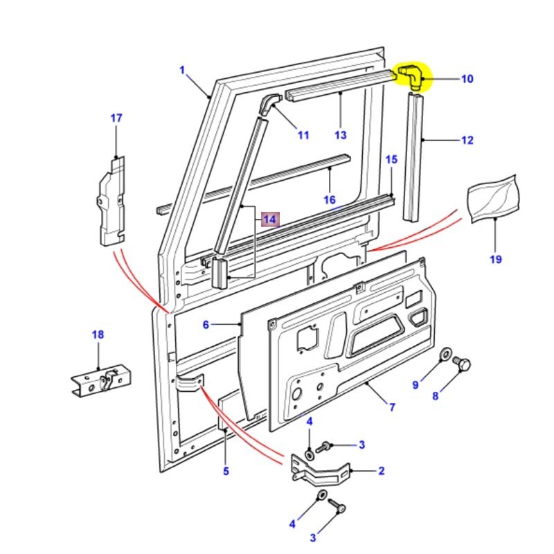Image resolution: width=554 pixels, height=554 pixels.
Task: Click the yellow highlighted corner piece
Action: point(411,77)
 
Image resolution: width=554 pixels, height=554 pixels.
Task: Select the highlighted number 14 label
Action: point(269,220)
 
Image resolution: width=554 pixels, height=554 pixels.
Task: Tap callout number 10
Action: point(467,79)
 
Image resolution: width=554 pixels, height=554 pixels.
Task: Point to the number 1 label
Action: point(182,70)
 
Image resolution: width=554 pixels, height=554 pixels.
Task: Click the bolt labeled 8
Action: point(464,364)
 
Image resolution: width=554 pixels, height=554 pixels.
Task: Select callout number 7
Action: point(392,407)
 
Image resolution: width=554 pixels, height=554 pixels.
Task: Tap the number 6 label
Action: point(206,325)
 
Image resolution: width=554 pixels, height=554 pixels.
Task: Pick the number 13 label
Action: point(340,135)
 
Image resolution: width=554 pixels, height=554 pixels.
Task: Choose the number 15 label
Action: point(391,160)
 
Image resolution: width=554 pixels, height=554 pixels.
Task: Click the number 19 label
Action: point(496,260)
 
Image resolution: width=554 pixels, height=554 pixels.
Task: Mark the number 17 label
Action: point(116,118)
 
